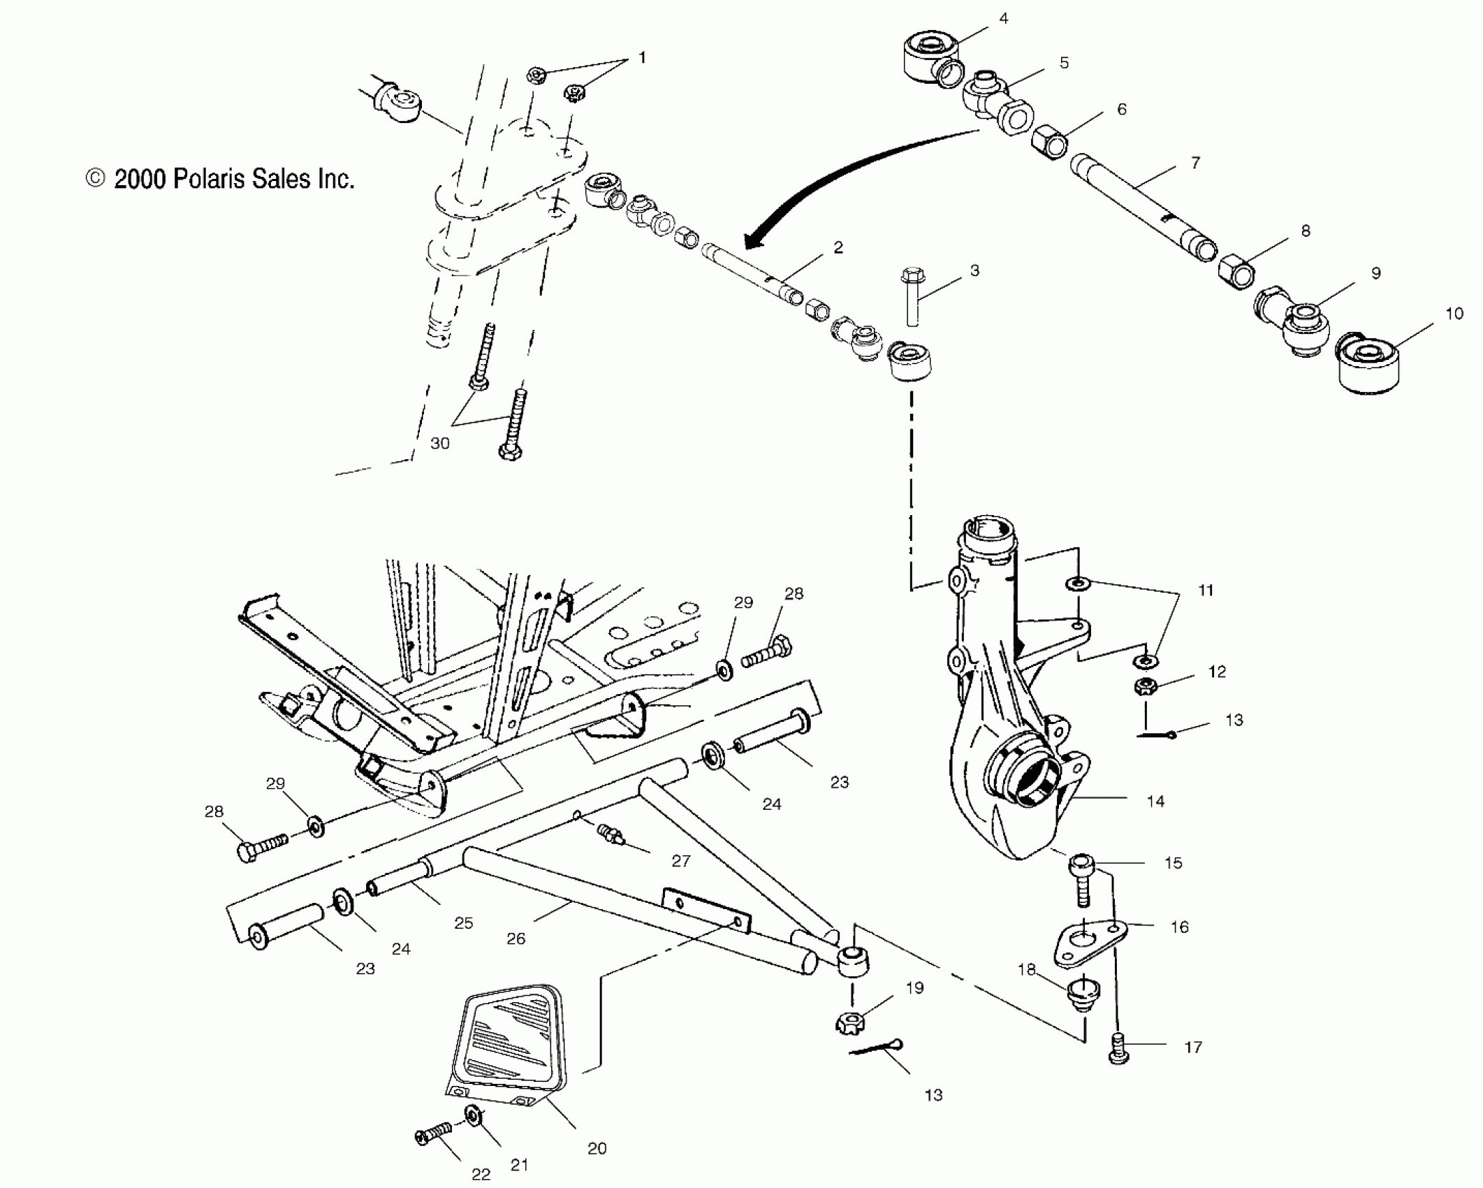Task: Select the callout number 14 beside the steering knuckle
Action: point(1155,802)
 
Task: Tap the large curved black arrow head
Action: point(754,240)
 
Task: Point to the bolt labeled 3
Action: point(911,297)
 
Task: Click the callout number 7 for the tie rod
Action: point(1195,163)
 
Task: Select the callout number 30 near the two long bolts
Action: point(439,443)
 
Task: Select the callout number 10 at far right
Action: point(1454,314)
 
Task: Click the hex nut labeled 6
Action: point(1049,142)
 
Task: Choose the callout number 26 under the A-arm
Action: point(516,939)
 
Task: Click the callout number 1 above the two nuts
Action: point(642,57)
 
